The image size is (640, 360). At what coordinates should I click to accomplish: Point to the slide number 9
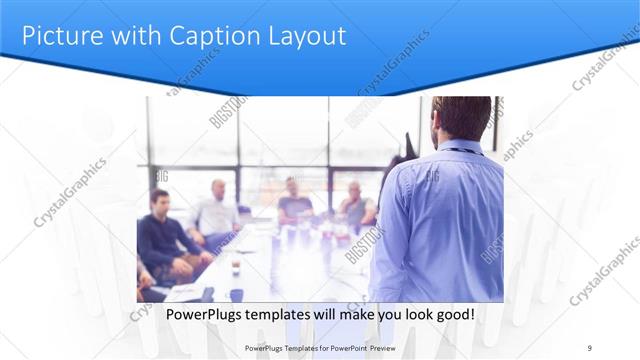point(590,347)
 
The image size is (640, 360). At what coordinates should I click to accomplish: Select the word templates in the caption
point(283,314)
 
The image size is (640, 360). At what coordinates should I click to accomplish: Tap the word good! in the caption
point(453,314)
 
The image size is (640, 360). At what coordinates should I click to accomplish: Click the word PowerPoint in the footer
point(345,348)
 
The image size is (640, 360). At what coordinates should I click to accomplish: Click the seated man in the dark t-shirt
point(295,200)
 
